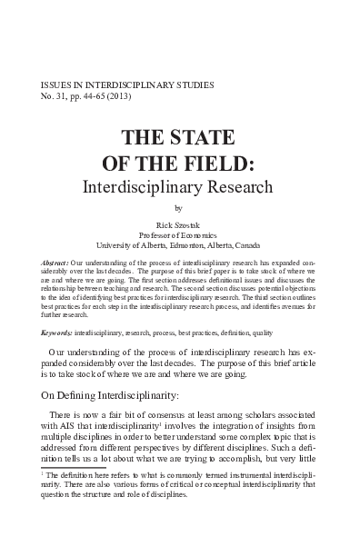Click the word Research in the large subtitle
(238, 189)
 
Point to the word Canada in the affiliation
(246, 245)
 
